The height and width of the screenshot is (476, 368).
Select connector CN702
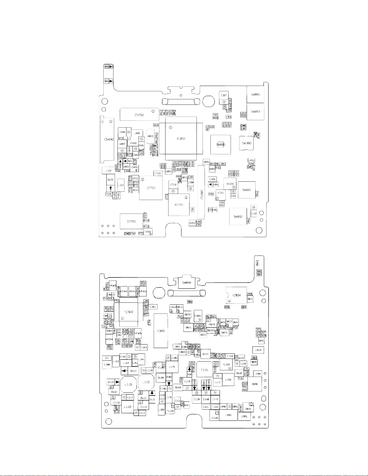pyautogui.click(x=139, y=115)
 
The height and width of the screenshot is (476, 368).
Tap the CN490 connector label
pyautogui.click(x=108, y=139)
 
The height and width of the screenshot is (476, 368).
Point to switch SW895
pyautogui.click(x=255, y=95)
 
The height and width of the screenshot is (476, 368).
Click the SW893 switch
pyautogui.click(x=255, y=111)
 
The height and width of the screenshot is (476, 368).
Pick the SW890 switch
pyautogui.click(x=221, y=145)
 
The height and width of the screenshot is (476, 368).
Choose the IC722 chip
pyautogui.click(x=151, y=188)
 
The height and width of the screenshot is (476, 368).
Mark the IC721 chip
pyautogui.click(x=179, y=205)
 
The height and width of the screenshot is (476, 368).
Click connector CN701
pyautogui.click(x=131, y=221)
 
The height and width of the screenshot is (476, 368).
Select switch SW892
pyautogui.click(x=238, y=216)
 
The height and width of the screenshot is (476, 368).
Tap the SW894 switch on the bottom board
pyautogui.click(x=187, y=283)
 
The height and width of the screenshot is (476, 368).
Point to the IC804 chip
pyautogui.click(x=236, y=295)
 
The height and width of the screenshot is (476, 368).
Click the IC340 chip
pyautogui.click(x=129, y=312)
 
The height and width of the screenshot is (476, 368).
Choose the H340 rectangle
pyautogui.click(x=161, y=331)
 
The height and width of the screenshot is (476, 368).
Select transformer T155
pyautogui.click(x=204, y=370)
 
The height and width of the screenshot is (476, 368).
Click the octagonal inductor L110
pyautogui.click(x=128, y=384)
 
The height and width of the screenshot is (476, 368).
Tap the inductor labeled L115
pyautogui.click(x=146, y=382)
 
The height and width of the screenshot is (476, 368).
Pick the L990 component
pyautogui.click(x=228, y=415)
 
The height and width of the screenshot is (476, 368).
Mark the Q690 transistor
pyautogui.click(x=255, y=384)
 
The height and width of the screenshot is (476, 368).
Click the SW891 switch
pyautogui.click(x=247, y=190)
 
